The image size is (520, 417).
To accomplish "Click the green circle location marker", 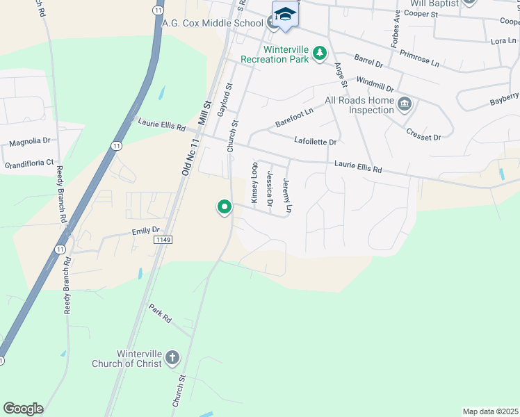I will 225,206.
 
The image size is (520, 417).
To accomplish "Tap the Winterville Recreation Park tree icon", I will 319,54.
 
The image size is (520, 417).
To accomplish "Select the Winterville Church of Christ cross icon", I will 172,359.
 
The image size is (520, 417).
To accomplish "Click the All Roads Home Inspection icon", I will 405,105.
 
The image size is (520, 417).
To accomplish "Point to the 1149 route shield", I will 163,239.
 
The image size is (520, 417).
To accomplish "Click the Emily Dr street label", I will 145,230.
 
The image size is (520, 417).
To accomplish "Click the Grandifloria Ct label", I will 29,163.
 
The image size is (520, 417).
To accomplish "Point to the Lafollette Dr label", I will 315,141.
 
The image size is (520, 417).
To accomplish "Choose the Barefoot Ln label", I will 294,115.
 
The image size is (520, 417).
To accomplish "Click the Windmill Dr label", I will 374,87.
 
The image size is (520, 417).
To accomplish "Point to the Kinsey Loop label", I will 254,183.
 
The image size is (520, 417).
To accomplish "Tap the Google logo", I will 23,409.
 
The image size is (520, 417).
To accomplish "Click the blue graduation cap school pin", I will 284,15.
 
